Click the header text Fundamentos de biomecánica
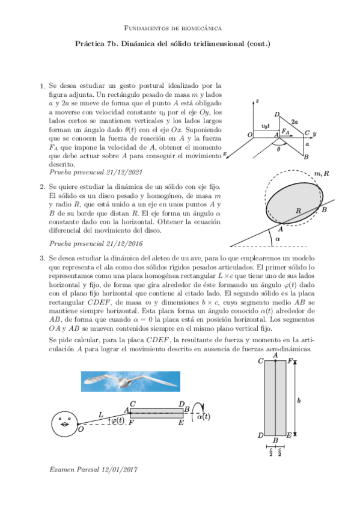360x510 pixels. [x=173, y=28]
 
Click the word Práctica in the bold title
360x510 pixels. [x=89, y=43]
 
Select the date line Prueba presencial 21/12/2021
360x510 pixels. [x=96, y=172]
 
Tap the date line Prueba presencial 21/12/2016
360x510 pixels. [x=96, y=244]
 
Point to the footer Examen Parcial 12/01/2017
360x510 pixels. [x=93, y=470]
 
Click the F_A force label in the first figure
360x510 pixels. [x=285, y=131]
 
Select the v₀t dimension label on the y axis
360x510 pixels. [x=266, y=126]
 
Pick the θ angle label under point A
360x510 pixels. [x=278, y=149]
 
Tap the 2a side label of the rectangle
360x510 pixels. [x=294, y=122]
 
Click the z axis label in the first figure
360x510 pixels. [x=257, y=101]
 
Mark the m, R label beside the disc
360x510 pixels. [x=322, y=174]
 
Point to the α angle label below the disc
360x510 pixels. [x=277, y=239]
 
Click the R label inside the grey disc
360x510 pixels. [x=298, y=210]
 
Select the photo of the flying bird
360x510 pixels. [x=130, y=381]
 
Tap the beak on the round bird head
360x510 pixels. [x=66, y=424]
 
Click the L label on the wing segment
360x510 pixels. [x=101, y=415]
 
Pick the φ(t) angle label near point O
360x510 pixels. [x=118, y=420]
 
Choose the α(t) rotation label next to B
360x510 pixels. [x=204, y=417]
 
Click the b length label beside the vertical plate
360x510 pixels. [x=299, y=400]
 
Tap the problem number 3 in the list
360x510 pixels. [x=42, y=259]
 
